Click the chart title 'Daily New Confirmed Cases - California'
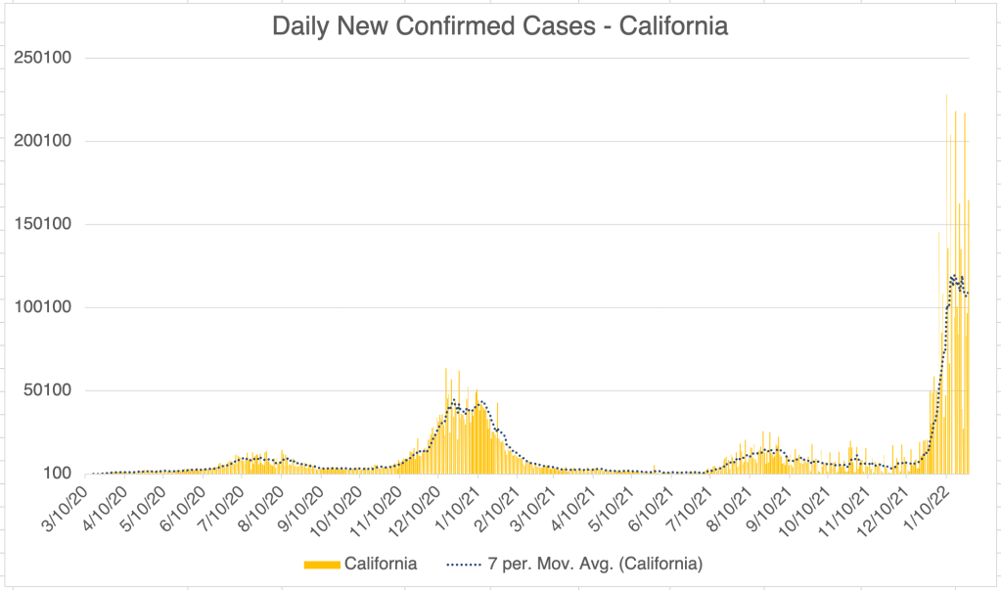[499, 26]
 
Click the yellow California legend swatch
[321, 564]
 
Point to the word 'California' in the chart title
[675, 26]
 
